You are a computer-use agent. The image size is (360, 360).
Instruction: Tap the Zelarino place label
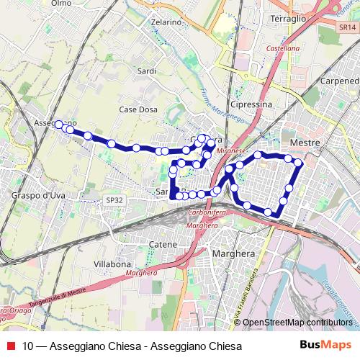pyautogui.click(x=166, y=22)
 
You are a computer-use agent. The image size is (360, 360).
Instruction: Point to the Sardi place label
pyautogui.click(x=146, y=71)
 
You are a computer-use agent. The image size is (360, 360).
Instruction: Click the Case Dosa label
pyautogui.click(x=138, y=109)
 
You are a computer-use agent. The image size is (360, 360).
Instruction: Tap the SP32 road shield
pyautogui.click(x=114, y=200)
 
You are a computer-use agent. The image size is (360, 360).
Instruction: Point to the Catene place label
pyautogui.click(x=163, y=245)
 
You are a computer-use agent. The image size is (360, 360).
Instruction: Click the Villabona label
pyautogui.click(x=112, y=264)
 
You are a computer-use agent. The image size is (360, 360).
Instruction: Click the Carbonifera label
pyautogui.click(x=208, y=214)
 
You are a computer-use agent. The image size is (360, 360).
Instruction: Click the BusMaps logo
pyautogui.click(x=325, y=345)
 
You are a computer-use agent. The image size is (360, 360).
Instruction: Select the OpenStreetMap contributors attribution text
pyautogui.click(x=297, y=323)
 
